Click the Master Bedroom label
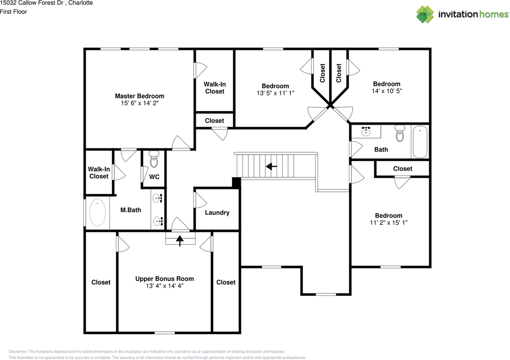tap(139, 96)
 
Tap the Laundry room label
tap(217, 213)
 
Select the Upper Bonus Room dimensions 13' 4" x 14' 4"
tap(165, 286)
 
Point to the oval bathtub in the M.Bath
tap(97, 213)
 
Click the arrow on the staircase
tap(272, 166)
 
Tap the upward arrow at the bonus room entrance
tap(180, 240)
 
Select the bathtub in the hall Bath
tap(420, 142)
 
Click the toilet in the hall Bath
tap(400, 134)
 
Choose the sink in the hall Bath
tap(366, 131)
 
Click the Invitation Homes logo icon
tap(425, 14)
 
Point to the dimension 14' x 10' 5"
tap(386, 91)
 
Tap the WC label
tap(154, 177)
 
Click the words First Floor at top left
tap(14, 12)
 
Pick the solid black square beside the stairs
tap(236, 182)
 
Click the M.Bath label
tap(131, 210)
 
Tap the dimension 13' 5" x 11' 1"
tap(275, 93)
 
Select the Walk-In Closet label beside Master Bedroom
tap(215, 88)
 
